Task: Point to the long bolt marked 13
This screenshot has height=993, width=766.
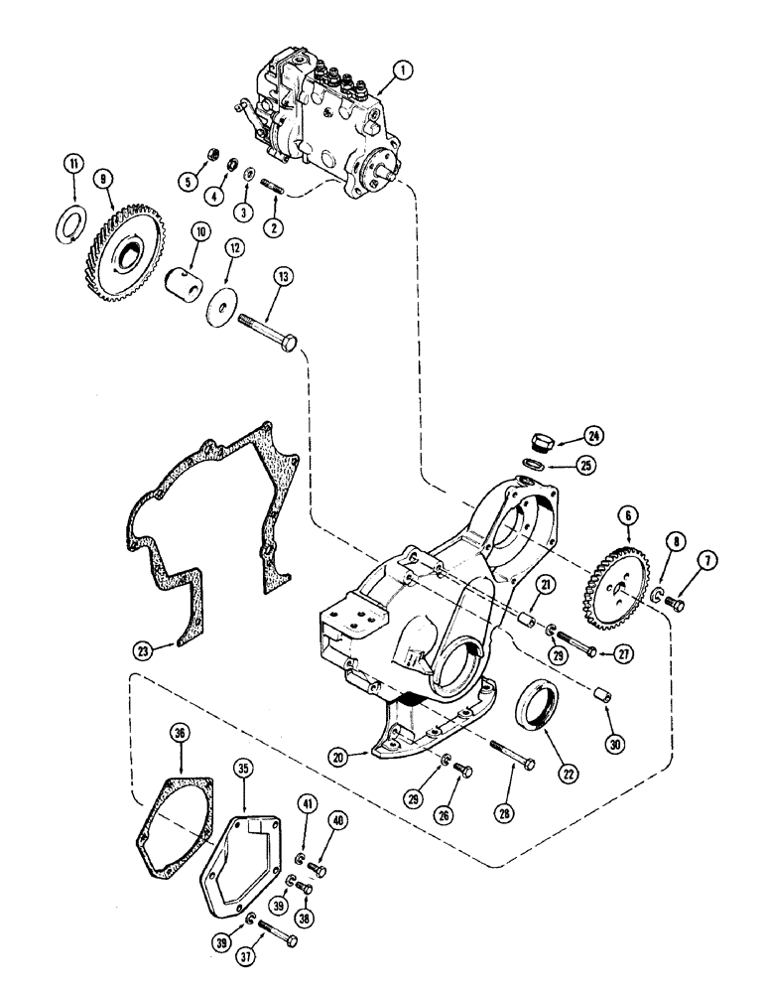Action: click(x=267, y=334)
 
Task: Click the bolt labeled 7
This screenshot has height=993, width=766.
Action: click(x=676, y=601)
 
